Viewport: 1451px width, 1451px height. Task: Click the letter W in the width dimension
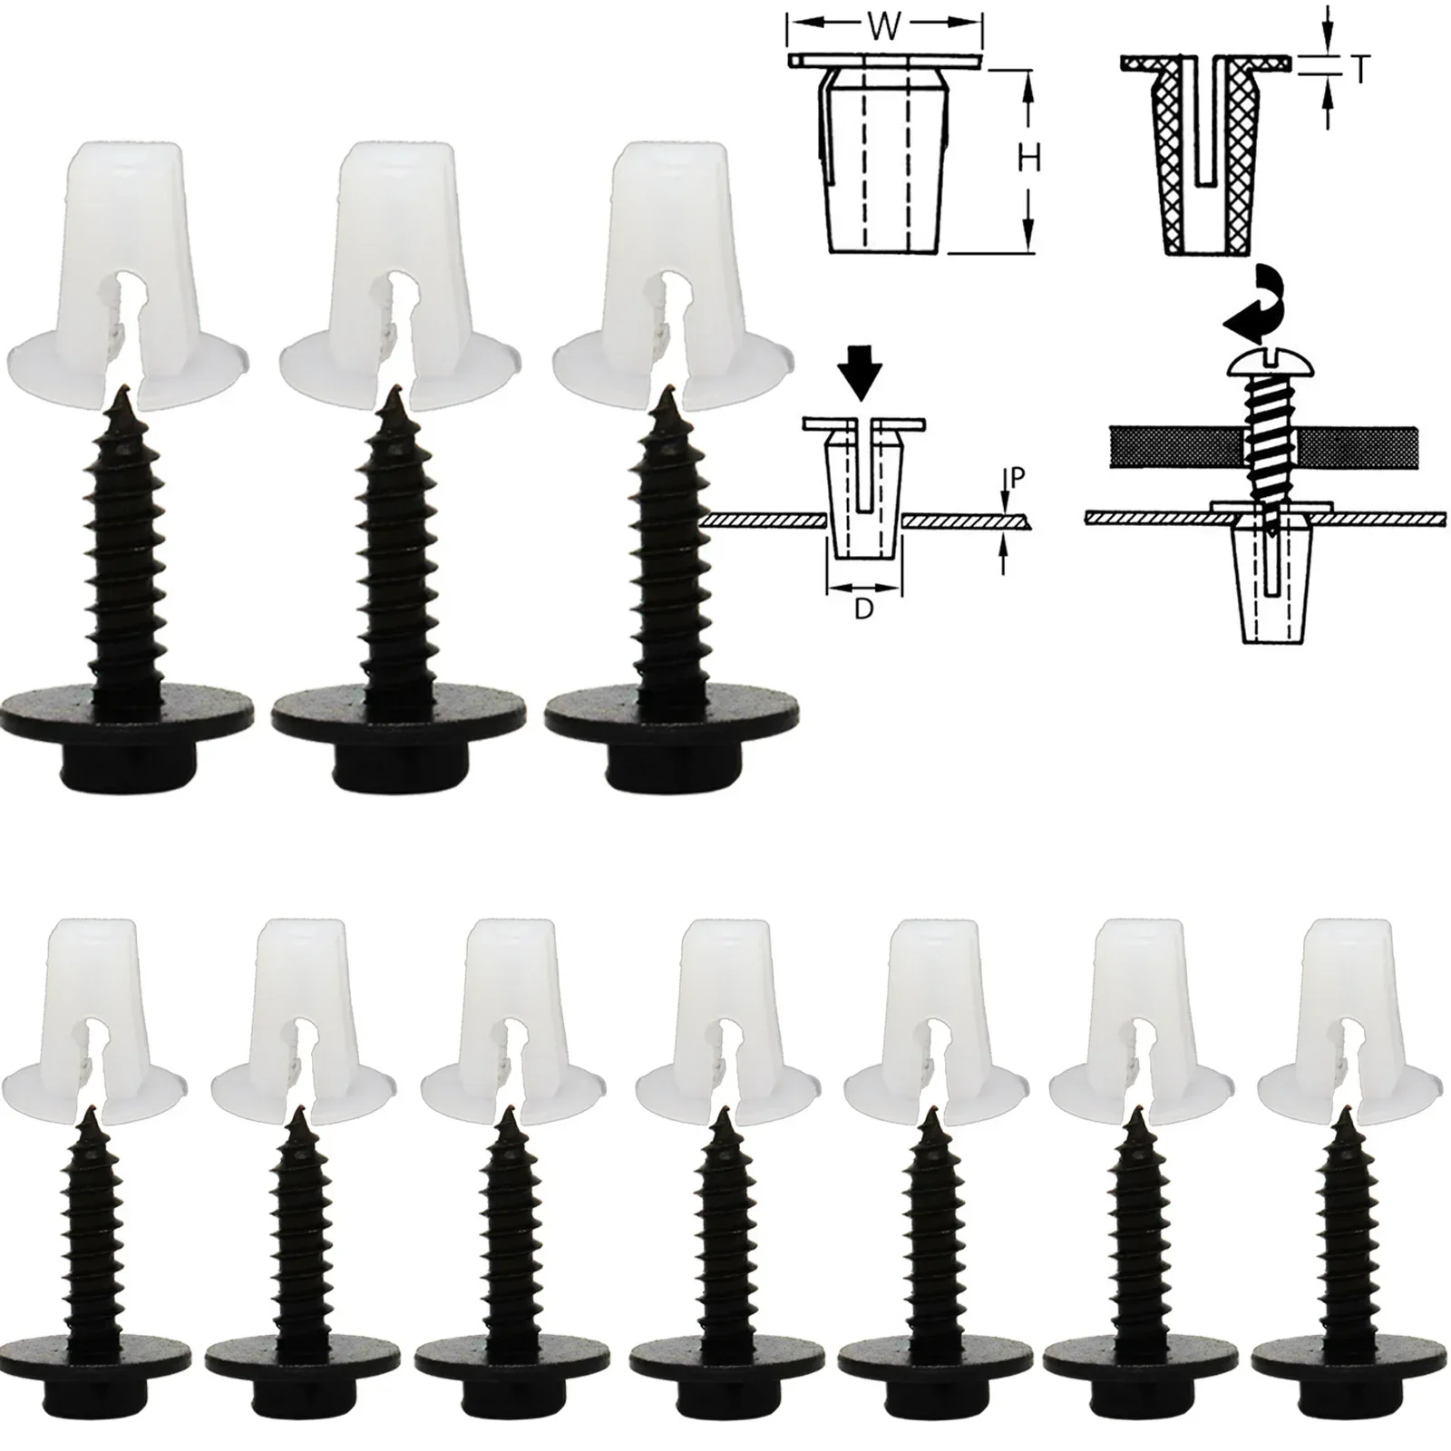point(883,27)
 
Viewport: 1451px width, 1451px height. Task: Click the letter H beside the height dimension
point(1028,160)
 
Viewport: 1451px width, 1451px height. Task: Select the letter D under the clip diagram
point(863,609)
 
